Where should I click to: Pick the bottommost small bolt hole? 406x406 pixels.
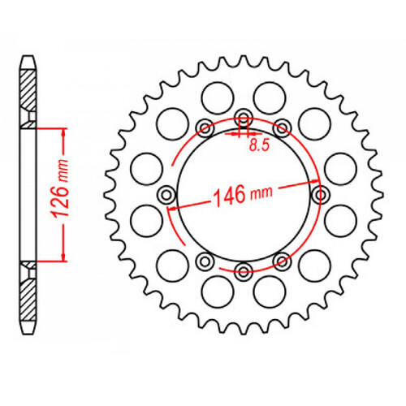click(x=243, y=271)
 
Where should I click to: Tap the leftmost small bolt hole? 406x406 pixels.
click(x=167, y=194)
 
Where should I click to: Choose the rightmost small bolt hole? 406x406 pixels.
click(x=319, y=194)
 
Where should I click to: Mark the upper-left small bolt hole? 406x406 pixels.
click(x=205, y=127)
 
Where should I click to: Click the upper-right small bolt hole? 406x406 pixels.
click(x=282, y=127)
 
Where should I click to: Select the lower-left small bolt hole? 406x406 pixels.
click(x=205, y=261)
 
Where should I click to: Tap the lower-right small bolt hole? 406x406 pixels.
click(x=282, y=261)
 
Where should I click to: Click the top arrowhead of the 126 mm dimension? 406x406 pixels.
click(x=63, y=131)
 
